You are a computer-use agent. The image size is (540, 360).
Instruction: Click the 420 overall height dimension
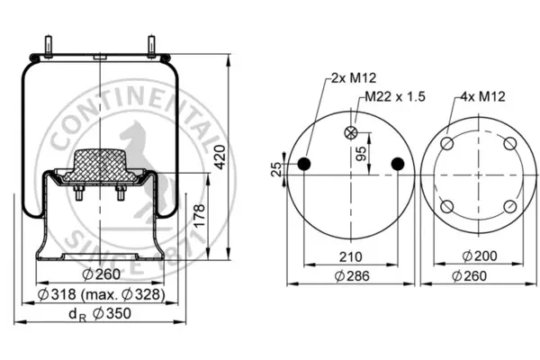(220, 157)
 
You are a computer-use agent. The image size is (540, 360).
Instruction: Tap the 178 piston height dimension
(200, 216)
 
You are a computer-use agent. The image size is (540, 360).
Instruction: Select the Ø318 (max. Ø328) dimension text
(101, 294)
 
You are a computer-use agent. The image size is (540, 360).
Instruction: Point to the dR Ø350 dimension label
(100, 314)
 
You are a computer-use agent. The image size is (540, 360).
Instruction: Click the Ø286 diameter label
(352, 276)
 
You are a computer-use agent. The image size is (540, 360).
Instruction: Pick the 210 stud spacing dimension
(351, 257)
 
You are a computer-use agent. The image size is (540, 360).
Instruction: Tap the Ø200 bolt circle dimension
(480, 256)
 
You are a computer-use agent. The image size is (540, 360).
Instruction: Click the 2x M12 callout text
(354, 78)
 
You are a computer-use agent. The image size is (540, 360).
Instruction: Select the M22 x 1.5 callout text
(395, 96)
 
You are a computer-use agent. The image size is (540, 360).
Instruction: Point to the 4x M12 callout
(482, 96)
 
